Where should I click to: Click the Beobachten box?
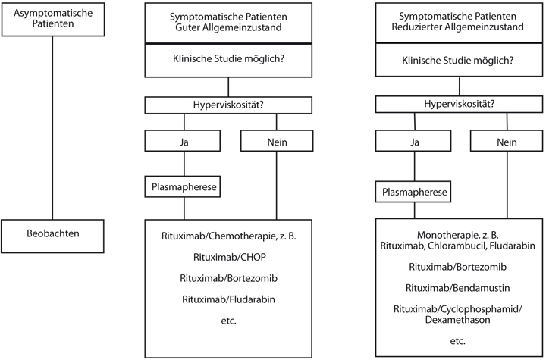click(x=52, y=236)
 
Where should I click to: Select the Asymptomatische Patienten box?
click(x=53, y=20)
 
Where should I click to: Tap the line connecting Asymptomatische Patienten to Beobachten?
click(x=52, y=128)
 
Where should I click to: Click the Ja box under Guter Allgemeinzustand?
click(x=183, y=141)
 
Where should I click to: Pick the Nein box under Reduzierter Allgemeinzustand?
click(x=507, y=141)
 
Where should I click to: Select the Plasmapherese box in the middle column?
click(x=183, y=186)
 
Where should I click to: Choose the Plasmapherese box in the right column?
click(x=413, y=192)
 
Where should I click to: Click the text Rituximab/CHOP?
click(x=230, y=257)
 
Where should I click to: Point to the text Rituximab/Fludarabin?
click(x=228, y=299)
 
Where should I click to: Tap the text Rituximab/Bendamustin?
click(x=457, y=288)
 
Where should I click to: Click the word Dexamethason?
click(x=457, y=320)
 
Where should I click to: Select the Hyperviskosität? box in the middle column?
click(x=228, y=105)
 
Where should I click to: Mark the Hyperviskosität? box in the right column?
click(x=459, y=104)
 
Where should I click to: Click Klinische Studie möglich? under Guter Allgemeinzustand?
click(x=228, y=58)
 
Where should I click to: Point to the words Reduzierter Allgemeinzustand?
click(x=457, y=27)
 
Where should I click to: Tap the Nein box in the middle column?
click(x=277, y=141)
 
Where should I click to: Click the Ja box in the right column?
click(x=413, y=141)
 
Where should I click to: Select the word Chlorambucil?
click(x=457, y=246)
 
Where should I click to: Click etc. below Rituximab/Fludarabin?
click(x=228, y=321)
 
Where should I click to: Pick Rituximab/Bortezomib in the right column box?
click(x=457, y=267)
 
